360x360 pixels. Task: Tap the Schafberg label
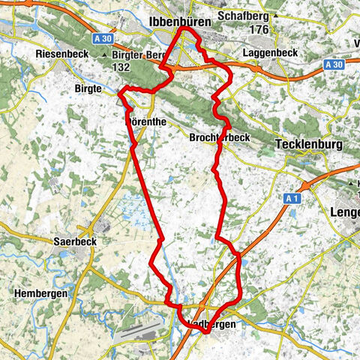242,15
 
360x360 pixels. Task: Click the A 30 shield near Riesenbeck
107,38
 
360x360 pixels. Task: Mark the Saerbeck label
72,242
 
